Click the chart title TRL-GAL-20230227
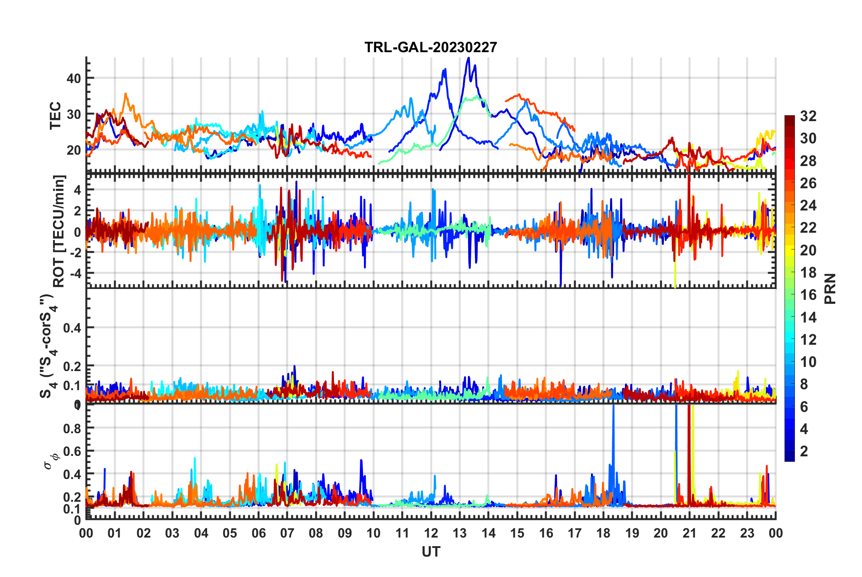point(431,47)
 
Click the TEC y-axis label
point(55,116)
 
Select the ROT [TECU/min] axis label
point(59,231)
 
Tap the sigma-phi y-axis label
point(51,461)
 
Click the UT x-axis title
point(431,552)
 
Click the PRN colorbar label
point(830,288)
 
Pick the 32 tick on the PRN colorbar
point(808,116)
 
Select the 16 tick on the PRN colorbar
point(808,295)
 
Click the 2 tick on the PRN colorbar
point(804,451)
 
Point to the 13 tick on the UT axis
point(460,533)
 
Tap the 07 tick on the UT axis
point(287,533)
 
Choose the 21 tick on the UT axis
point(689,533)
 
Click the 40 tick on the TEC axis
point(73,78)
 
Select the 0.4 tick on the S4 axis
point(72,328)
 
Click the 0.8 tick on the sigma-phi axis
point(72,428)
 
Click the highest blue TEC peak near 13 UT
point(469,58)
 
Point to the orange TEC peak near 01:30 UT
point(126,94)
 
